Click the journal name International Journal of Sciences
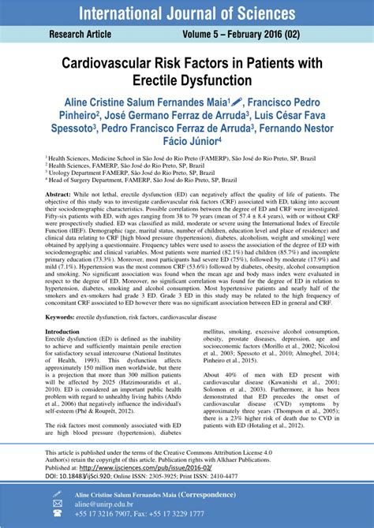pyautogui.click(x=187, y=13)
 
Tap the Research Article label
pyautogui.click(x=81, y=35)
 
